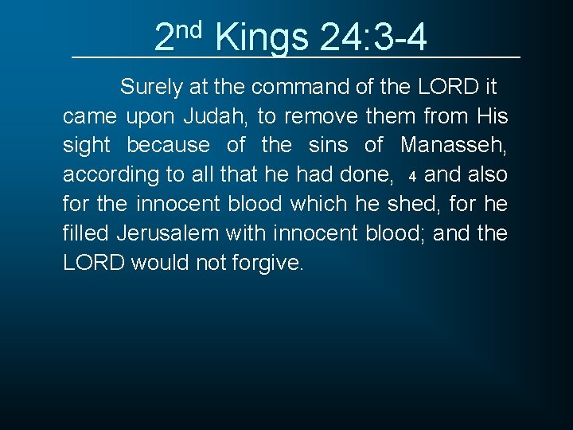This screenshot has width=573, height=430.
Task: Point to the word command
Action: pyautogui.click(x=297, y=87)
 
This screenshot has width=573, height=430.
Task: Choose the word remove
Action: pyautogui.click(x=321, y=116)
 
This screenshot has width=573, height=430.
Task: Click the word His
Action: pyautogui.click(x=491, y=116)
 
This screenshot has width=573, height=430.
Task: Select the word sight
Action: pyautogui.click(x=86, y=146)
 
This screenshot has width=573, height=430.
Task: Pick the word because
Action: pyautogui.click(x=169, y=146)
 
